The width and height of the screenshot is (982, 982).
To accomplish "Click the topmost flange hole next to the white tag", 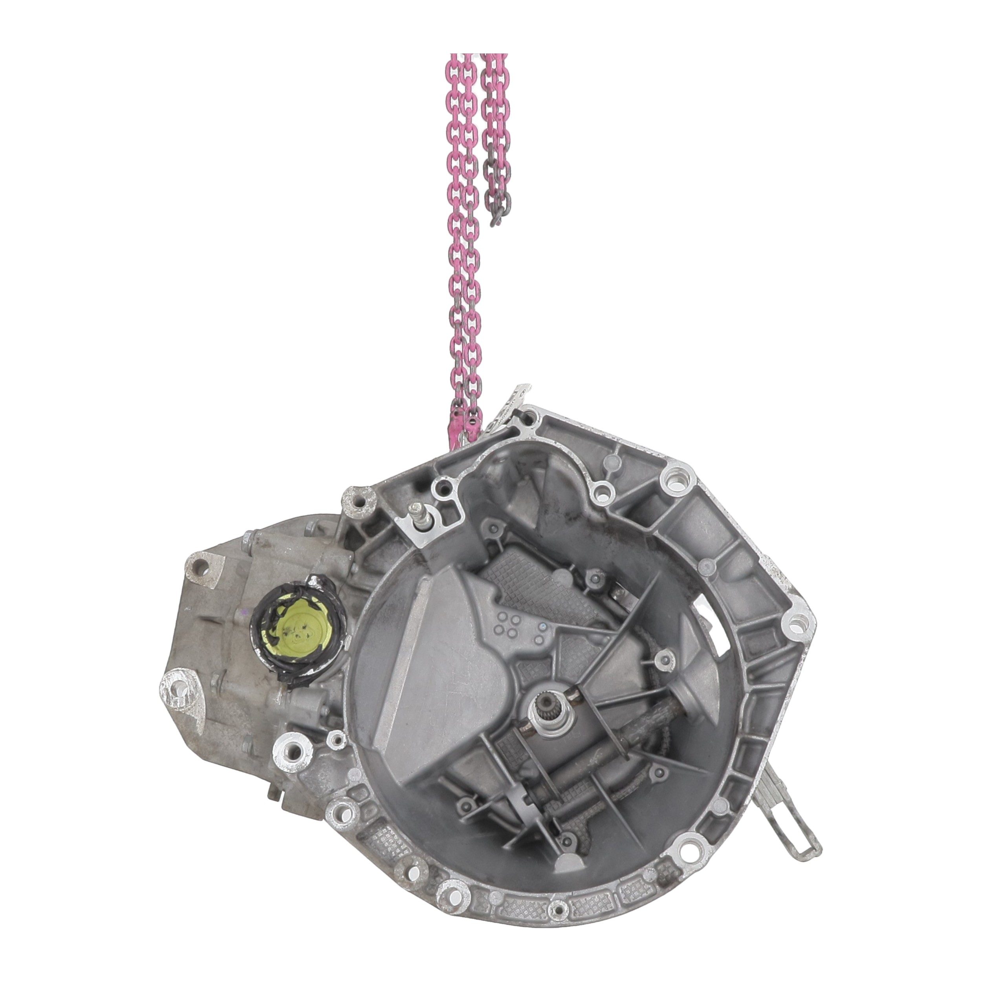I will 530,418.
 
